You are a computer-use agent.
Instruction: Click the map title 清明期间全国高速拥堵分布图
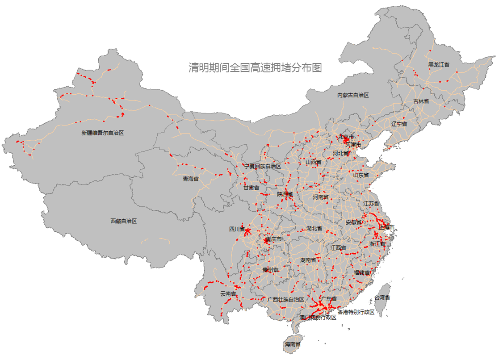coord(255,68)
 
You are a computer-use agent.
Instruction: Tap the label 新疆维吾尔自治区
coord(102,133)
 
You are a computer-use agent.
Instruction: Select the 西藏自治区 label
coord(123,221)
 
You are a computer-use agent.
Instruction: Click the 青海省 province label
coord(191,179)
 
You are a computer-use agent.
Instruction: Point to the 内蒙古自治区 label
coord(353,95)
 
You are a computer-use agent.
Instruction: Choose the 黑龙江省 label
coord(439,65)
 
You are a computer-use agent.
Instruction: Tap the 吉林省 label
coord(421,101)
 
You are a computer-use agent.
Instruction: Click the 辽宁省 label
coord(399,124)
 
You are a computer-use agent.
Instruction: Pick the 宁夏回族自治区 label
coord(263,166)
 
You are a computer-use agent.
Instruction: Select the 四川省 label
coord(237,229)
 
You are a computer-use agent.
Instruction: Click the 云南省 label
coord(228,294)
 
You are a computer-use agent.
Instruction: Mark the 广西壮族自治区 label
coord(285,299)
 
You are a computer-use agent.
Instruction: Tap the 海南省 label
coord(292,344)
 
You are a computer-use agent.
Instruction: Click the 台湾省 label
coord(382,297)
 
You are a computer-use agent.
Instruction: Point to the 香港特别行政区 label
coord(356,312)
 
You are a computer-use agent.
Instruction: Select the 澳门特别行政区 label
coord(318,318)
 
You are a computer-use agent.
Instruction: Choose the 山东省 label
coord(361,175)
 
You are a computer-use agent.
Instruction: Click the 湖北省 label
coord(314,228)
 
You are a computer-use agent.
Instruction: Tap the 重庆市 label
coord(273,239)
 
